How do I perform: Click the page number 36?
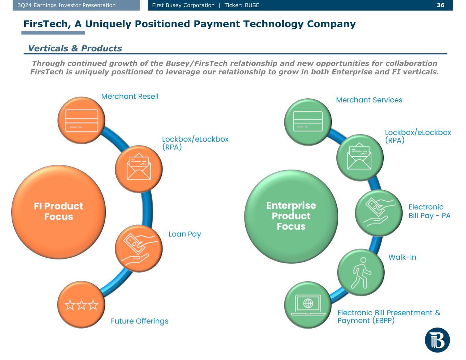pos(440,5)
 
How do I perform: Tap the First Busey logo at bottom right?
pos(437,340)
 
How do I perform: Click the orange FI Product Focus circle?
pos(58,212)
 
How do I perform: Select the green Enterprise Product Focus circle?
pos(291,216)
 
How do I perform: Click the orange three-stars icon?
pos(81,305)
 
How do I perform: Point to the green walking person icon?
pos(361,272)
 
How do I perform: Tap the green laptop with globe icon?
pos(308,305)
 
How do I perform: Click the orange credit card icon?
pos(82,120)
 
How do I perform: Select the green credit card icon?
pos(308,121)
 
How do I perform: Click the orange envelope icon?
pos(139,169)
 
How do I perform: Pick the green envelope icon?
pos(359,157)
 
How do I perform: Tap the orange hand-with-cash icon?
pos(139,248)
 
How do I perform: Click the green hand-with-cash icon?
pos(379,213)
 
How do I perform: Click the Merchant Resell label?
pos(130,97)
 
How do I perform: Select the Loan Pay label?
pos(185,234)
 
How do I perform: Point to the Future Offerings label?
pos(140,321)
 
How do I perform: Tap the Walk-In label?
pos(402,257)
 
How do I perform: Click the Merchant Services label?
pos(369,100)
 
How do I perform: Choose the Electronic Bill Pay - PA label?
pos(429,211)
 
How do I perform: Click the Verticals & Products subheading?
pos(75,48)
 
